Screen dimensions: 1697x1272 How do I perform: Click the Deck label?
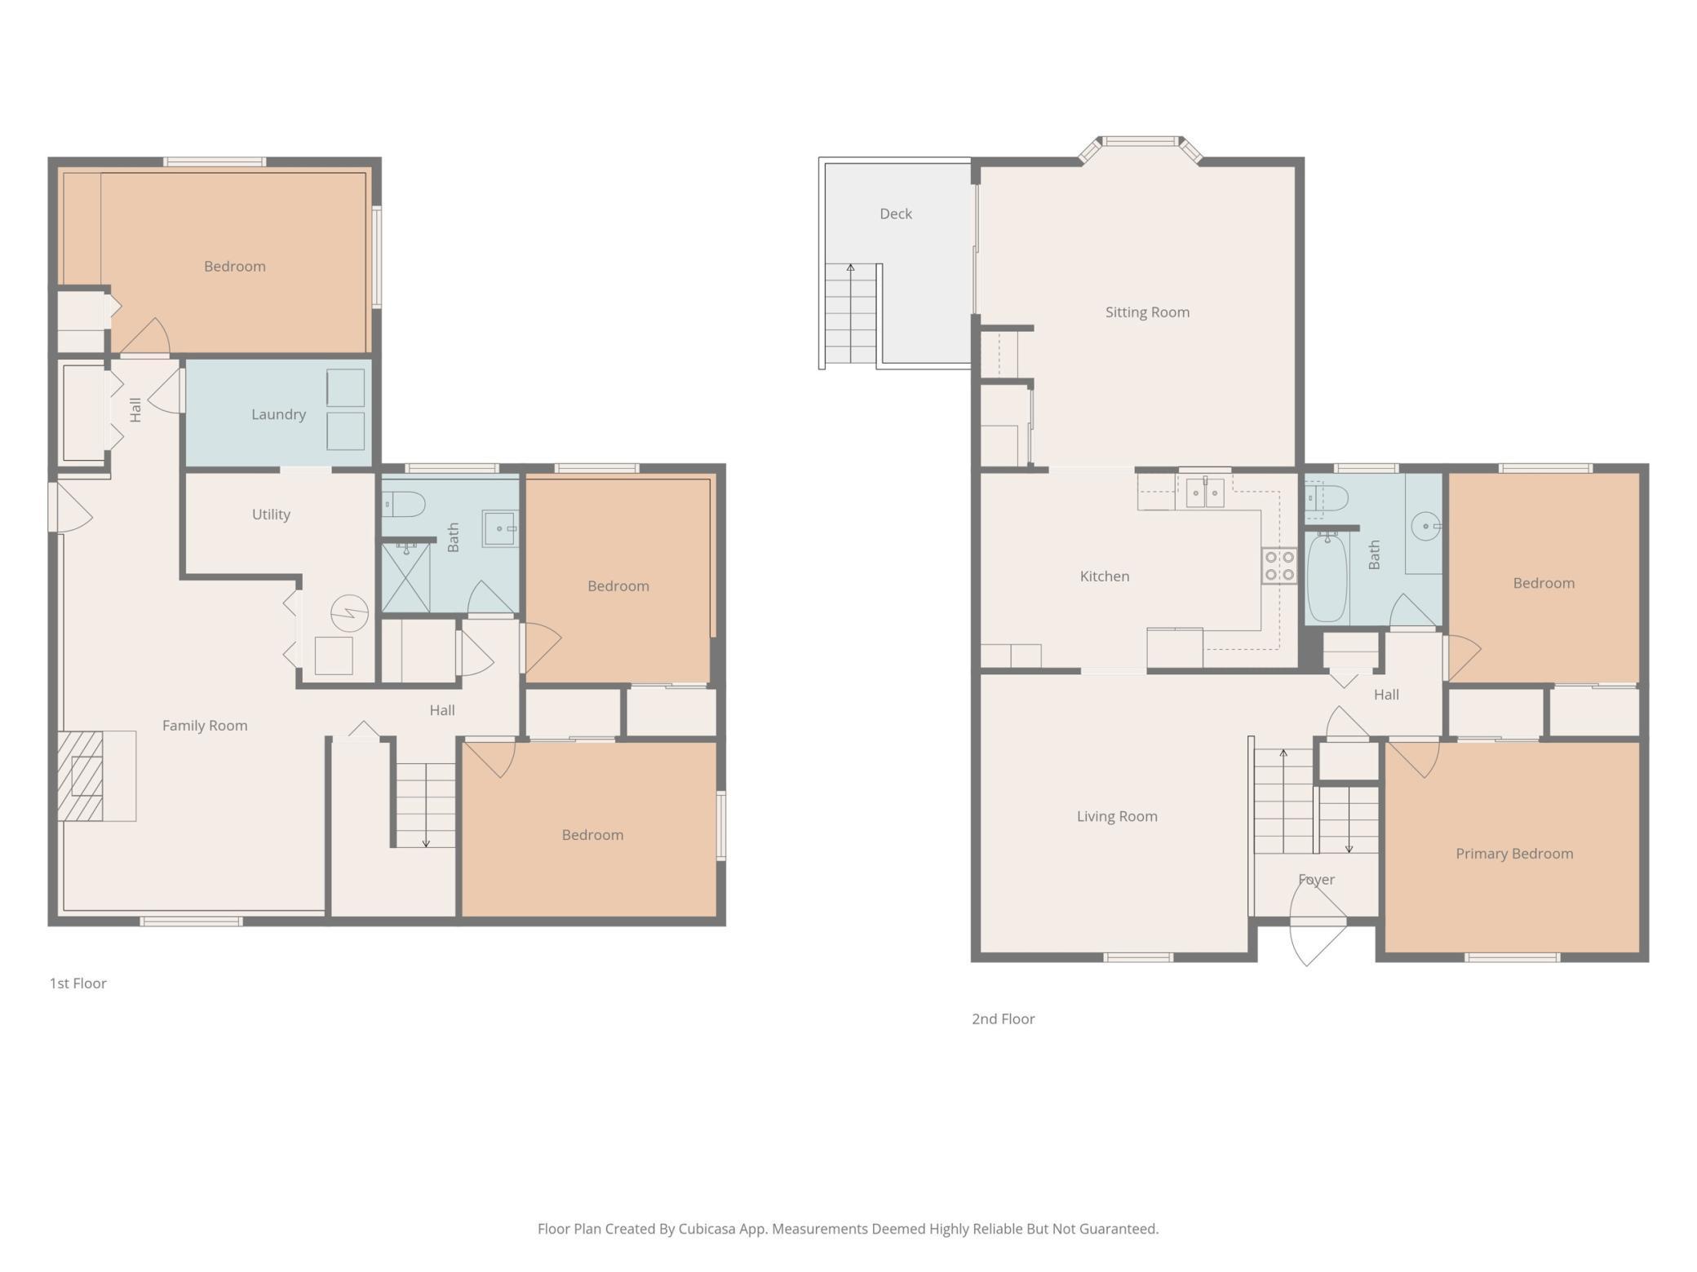[x=895, y=214]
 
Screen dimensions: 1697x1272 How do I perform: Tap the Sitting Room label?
[x=1147, y=312]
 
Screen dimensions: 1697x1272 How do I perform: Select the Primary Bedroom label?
[x=1514, y=854]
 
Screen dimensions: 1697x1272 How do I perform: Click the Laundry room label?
[x=278, y=414]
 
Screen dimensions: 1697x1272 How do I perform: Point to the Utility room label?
[x=271, y=515]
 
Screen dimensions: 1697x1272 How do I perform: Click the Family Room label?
[x=205, y=726]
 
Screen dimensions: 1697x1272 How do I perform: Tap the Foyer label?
[x=1316, y=880]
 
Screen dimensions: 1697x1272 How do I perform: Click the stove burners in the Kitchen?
[x=1278, y=566]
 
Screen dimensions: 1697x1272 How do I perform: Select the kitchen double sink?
[x=1205, y=492]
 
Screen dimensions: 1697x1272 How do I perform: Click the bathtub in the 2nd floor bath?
[x=1327, y=577]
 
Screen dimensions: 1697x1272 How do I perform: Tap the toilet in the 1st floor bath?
[x=403, y=504]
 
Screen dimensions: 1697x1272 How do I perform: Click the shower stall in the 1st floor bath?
[x=405, y=577]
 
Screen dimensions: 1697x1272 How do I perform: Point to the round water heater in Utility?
[x=349, y=612]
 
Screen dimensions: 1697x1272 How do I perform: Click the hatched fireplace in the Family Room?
[x=80, y=776]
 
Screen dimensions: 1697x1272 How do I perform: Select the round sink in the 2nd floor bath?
[x=1425, y=526]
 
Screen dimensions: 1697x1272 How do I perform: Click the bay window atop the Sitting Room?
[x=1141, y=147]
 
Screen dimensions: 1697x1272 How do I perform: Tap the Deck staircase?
[x=850, y=313]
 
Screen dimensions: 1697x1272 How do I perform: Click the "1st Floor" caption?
[x=78, y=983]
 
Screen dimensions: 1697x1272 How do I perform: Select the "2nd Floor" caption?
[x=1003, y=1019]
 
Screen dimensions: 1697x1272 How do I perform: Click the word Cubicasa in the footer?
[x=707, y=1229]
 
